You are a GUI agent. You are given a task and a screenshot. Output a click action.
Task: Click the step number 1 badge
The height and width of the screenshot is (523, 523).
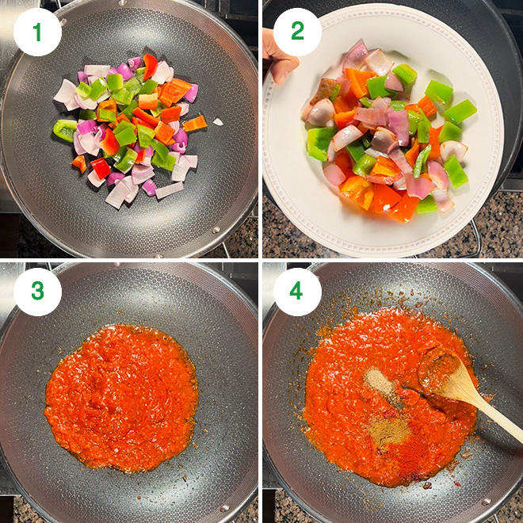38,32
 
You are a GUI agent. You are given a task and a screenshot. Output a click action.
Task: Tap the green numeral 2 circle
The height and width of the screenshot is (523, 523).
297,32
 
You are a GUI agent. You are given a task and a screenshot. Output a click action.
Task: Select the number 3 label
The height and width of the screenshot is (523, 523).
38,292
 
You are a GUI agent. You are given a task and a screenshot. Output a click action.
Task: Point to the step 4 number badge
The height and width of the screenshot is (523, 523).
297,292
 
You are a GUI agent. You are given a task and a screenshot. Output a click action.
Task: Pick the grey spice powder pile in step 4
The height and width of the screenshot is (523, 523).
380,383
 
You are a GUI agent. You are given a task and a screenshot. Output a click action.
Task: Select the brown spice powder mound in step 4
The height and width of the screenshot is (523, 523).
388,430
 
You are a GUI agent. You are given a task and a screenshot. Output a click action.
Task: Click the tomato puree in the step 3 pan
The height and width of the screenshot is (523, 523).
122,399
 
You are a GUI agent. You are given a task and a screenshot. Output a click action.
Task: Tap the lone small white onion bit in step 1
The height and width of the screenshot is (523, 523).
218,122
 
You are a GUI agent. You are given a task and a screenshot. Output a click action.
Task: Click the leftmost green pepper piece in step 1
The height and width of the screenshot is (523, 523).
65,130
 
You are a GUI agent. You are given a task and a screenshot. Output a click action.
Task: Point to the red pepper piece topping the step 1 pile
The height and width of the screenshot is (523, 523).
150,66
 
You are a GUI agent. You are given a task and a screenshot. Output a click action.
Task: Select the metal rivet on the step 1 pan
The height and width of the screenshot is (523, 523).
216,230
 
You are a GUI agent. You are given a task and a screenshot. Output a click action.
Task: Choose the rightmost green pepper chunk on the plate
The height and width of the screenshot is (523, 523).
460,112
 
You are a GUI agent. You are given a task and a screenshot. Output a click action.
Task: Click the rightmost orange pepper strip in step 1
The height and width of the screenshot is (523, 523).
195,124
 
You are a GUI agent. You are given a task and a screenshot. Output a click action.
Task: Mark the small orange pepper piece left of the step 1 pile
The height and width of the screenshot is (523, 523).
79,164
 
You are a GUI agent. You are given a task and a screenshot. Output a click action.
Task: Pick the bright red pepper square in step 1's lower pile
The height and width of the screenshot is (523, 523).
101,168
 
